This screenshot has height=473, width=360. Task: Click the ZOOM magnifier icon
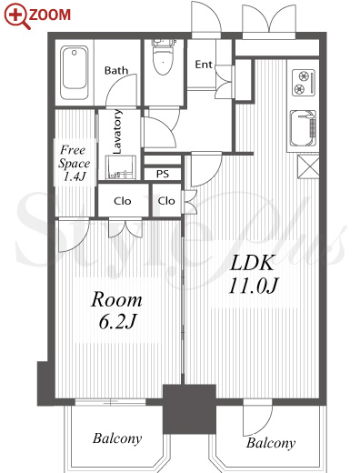click(17, 15)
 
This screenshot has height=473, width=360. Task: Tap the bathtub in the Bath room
click(75, 73)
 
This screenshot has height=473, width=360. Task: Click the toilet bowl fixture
click(164, 57)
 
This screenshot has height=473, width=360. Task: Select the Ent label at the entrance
click(204, 65)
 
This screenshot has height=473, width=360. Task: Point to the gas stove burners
click(304, 83)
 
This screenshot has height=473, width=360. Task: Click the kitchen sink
click(303, 128)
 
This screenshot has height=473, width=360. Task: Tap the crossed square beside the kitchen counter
click(308, 166)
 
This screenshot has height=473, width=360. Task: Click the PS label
click(163, 174)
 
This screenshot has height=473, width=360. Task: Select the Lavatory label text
click(117, 131)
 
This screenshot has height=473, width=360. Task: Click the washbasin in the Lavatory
click(121, 167)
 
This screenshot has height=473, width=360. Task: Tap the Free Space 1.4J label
click(74, 163)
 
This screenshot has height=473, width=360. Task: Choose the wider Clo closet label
click(123, 201)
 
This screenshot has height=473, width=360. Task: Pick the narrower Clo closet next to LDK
click(166, 200)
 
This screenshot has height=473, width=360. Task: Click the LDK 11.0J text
click(253, 275)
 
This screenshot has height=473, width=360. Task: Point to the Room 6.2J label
click(116, 310)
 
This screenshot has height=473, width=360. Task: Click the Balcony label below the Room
click(117, 438)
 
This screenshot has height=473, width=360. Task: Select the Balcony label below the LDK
click(271, 443)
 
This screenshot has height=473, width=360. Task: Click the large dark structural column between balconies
click(189, 408)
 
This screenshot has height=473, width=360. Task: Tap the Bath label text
click(116, 71)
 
